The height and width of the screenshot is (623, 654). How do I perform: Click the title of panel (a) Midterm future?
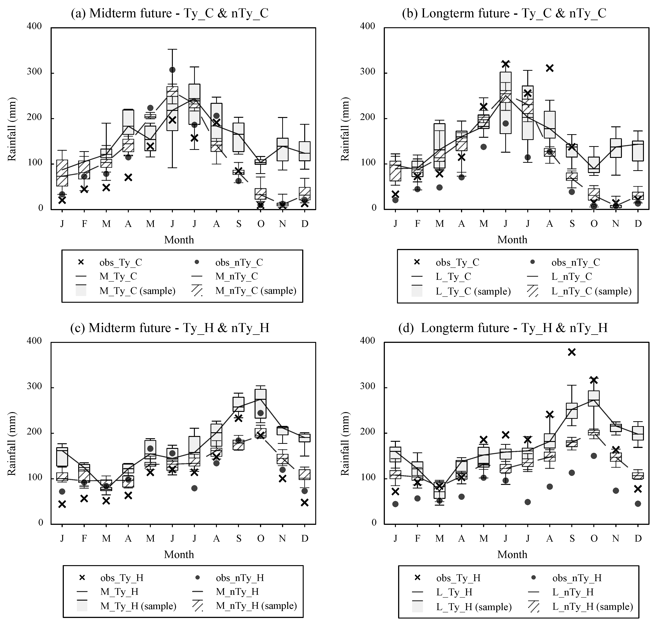pyautogui.click(x=169, y=13)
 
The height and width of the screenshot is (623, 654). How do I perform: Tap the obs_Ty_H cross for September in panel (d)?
pyautogui.click(x=572, y=352)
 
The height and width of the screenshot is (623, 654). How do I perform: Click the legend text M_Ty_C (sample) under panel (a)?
pyautogui.click(x=137, y=291)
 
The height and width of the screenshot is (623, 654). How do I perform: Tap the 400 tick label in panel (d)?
pyautogui.click(x=368, y=341)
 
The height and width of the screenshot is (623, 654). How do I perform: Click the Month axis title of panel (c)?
pyautogui.click(x=179, y=554)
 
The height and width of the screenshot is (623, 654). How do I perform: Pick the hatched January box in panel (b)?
pyautogui.click(x=395, y=171)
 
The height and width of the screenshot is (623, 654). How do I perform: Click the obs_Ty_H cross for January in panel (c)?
pyautogui.click(x=62, y=504)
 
